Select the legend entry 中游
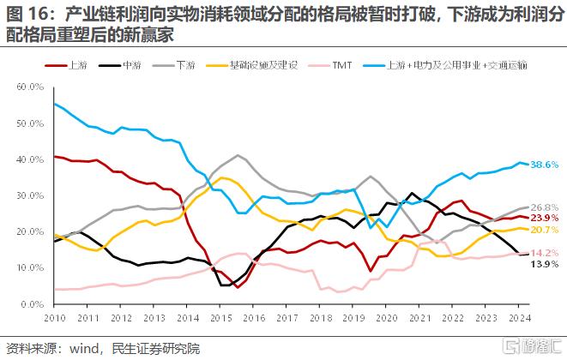[x=132, y=65]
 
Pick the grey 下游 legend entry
[x=185, y=65]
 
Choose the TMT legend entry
[x=342, y=65]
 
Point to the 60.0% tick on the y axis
[x=30, y=87]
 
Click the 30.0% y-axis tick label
[x=30, y=196]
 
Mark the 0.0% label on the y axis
[x=33, y=304]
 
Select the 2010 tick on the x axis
[x=54, y=316]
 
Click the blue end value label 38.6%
[x=546, y=164]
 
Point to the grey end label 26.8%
[x=546, y=208]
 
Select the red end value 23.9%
[x=546, y=219]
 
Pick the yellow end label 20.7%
[x=546, y=231]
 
